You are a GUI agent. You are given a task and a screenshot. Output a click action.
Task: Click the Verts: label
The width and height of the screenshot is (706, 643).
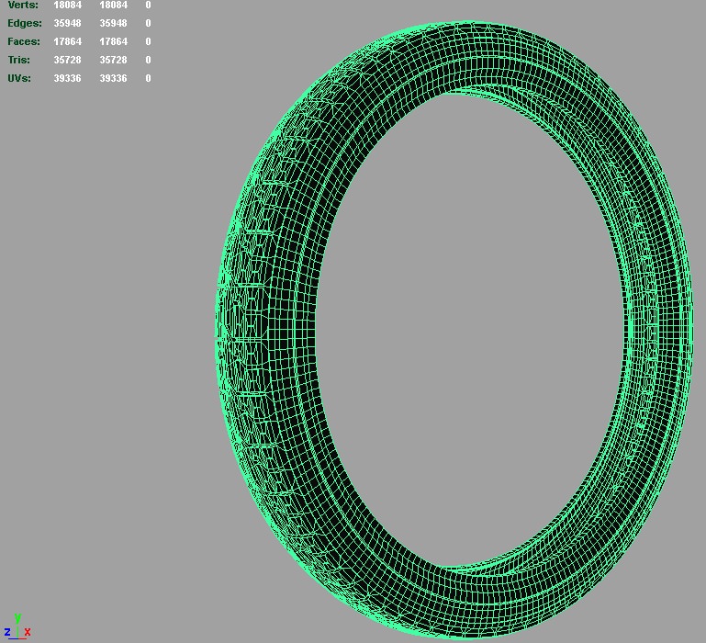click(23, 6)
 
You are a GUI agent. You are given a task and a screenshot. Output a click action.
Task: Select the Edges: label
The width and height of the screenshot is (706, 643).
click(25, 23)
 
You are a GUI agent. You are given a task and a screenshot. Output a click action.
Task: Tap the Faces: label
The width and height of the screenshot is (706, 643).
click(24, 41)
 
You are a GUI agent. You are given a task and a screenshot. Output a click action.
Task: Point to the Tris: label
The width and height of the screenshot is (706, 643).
click(19, 60)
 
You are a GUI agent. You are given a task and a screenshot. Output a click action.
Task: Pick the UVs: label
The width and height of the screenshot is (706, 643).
click(19, 78)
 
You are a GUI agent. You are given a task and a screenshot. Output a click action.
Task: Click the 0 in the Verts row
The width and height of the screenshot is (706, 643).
click(148, 6)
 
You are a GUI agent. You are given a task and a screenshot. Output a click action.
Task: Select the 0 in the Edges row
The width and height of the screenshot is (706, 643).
click(148, 23)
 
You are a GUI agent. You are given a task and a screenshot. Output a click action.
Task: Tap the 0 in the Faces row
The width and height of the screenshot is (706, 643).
click(148, 41)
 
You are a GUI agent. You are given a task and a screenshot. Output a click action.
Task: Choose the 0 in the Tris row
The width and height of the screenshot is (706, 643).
click(148, 60)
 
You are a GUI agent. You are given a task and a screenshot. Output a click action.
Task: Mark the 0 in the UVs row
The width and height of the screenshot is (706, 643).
click(148, 78)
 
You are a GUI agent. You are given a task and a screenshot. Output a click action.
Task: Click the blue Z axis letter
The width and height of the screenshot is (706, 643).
click(7, 632)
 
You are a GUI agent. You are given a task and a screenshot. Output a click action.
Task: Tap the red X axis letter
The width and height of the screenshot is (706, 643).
click(28, 632)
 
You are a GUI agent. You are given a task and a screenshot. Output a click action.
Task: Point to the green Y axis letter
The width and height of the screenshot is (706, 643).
click(17, 619)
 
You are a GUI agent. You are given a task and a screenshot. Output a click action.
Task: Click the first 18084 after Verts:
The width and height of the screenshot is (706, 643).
click(67, 6)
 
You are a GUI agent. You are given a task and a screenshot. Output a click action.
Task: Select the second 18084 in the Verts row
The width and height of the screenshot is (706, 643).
click(113, 6)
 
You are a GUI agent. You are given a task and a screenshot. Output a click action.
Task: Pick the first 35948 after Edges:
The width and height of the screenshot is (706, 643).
click(67, 23)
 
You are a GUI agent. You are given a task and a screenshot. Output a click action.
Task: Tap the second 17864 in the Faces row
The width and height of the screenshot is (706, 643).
click(113, 41)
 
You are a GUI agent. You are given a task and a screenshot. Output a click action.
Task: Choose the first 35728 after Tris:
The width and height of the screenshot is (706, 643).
click(67, 60)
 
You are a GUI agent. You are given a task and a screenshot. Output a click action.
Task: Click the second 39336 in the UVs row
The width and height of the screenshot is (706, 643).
click(113, 78)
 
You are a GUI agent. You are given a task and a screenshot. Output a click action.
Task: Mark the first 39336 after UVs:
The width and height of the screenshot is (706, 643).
click(67, 78)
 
